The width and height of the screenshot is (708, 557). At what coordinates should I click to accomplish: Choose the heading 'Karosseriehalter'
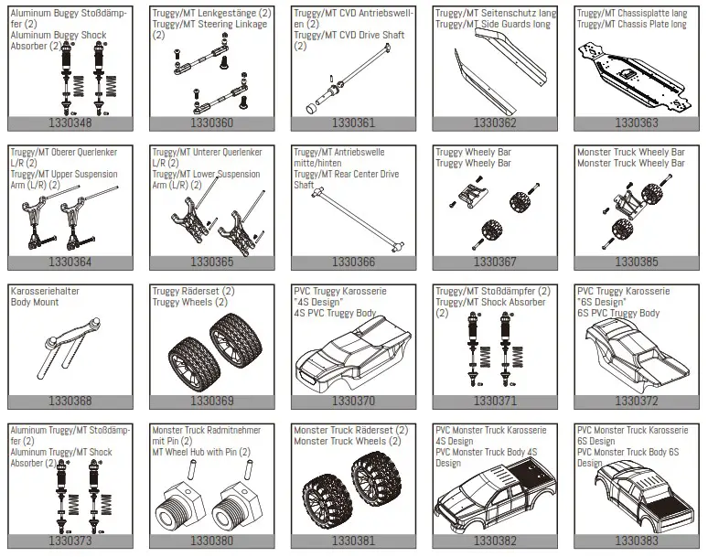point(44,292)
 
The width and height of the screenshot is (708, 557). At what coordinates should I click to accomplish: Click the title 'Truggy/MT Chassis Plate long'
point(631,25)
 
